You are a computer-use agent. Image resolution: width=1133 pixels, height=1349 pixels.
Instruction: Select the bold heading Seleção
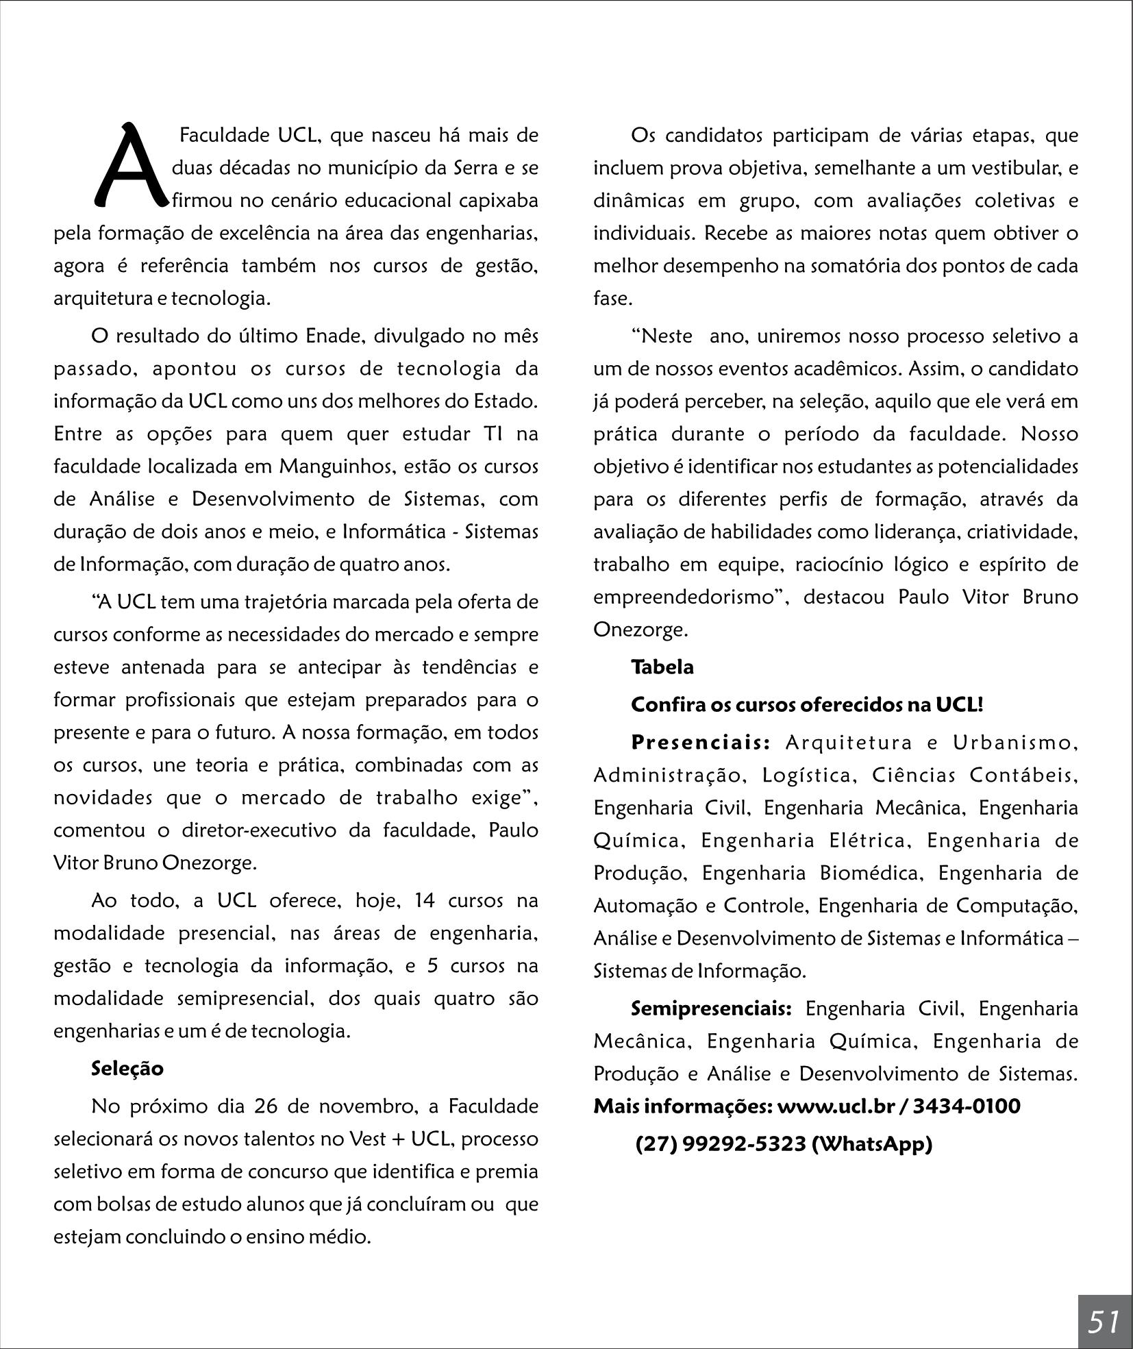coord(127,1069)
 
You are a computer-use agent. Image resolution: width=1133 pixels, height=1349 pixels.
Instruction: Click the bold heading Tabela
coord(662,667)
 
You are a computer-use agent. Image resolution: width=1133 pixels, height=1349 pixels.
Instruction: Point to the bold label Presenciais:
coord(701,743)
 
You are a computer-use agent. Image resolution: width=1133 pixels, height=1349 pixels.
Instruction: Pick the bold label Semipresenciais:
coord(711,1008)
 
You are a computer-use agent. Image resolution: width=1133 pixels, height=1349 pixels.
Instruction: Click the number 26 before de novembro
coord(266,1106)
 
